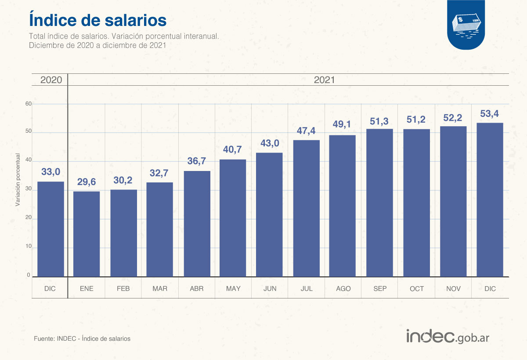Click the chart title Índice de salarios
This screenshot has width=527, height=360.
(x=97, y=20)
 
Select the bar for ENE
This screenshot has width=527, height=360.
(x=87, y=234)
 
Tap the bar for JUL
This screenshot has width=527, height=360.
(x=307, y=208)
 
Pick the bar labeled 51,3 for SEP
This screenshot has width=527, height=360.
(x=379, y=203)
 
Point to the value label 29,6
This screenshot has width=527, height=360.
(x=87, y=182)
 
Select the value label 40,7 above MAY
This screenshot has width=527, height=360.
(x=233, y=150)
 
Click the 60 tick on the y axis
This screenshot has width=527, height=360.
(x=29, y=104)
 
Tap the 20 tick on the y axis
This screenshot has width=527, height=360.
(x=29, y=218)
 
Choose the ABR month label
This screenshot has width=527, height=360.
(x=196, y=289)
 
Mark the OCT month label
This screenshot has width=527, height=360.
(x=416, y=289)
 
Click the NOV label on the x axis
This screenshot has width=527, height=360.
(x=453, y=289)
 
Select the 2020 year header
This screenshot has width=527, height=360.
(x=51, y=80)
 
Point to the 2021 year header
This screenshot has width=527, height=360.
(x=324, y=80)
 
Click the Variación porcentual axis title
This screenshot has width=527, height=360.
(x=18, y=179)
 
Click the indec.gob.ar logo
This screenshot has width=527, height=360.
(x=448, y=337)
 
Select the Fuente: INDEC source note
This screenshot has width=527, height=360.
(x=82, y=339)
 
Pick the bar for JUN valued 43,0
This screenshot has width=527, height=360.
(x=269, y=215)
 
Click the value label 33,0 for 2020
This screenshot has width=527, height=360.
(x=51, y=172)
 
